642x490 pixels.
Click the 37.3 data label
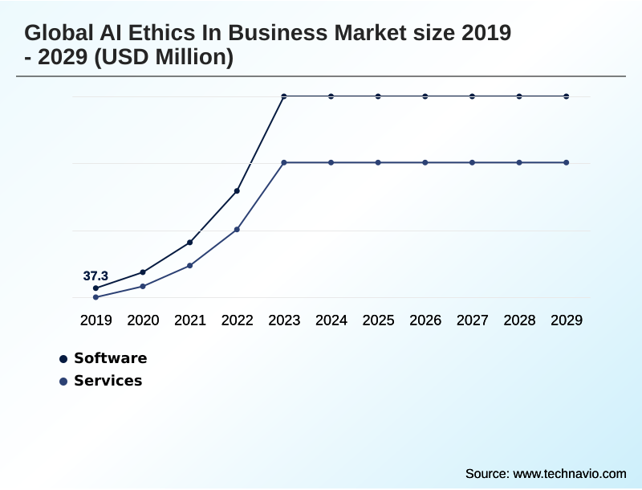tap(95, 276)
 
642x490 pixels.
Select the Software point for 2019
tap(95, 288)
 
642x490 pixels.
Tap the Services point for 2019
tap(95, 297)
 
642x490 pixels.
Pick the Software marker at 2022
tap(237, 191)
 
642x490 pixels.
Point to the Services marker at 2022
tap(237, 230)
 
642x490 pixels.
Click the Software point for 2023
tap(284, 96)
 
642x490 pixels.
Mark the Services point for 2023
tap(284, 163)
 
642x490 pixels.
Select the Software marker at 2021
tap(190, 243)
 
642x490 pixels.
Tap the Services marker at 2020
tap(143, 286)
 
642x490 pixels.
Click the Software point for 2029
tap(567, 96)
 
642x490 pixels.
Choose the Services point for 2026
tap(425, 163)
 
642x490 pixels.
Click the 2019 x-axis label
tap(95, 321)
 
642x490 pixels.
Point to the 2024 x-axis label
tap(331, 321)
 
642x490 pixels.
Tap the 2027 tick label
tap(472, 321)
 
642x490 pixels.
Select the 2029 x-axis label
tap(567, 321)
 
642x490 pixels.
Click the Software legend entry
tap(110, 358)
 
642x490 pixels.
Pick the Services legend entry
tap(108, 381)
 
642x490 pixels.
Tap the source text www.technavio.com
tap(569, 473)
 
